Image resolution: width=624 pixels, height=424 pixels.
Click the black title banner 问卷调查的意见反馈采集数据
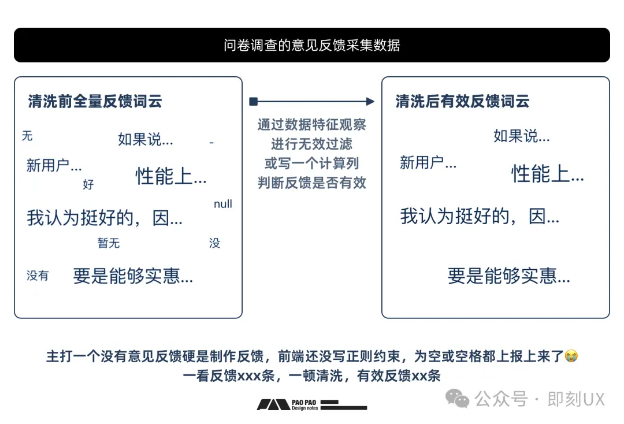(312, 45)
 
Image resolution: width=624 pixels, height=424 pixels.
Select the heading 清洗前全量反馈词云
(95, 102)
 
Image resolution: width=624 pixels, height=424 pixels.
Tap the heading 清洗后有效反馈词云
(463, 102)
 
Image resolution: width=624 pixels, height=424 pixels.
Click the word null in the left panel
(223, 204)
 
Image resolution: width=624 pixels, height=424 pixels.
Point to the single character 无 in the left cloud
(27, 136)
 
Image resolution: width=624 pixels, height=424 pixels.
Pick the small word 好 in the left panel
(88, 185)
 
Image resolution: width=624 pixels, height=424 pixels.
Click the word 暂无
(109, 243)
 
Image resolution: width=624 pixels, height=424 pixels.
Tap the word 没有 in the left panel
(38, 276)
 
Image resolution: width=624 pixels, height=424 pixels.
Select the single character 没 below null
(214, 243)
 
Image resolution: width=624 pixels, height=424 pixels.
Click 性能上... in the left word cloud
(171, 176)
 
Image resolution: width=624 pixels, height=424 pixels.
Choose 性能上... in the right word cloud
(548, 173)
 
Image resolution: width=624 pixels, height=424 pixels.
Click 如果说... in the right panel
(522, 136)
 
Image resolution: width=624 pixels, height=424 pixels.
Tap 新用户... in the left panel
(54, 166)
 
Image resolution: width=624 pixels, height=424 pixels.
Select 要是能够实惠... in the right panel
(509, 276)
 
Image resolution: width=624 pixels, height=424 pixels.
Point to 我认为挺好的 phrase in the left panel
(105, 218)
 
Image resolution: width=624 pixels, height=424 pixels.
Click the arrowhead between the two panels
(370, 102)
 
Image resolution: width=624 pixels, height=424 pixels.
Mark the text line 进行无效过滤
(312, 144)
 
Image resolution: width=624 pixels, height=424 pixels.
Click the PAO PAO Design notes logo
(312, 404)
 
